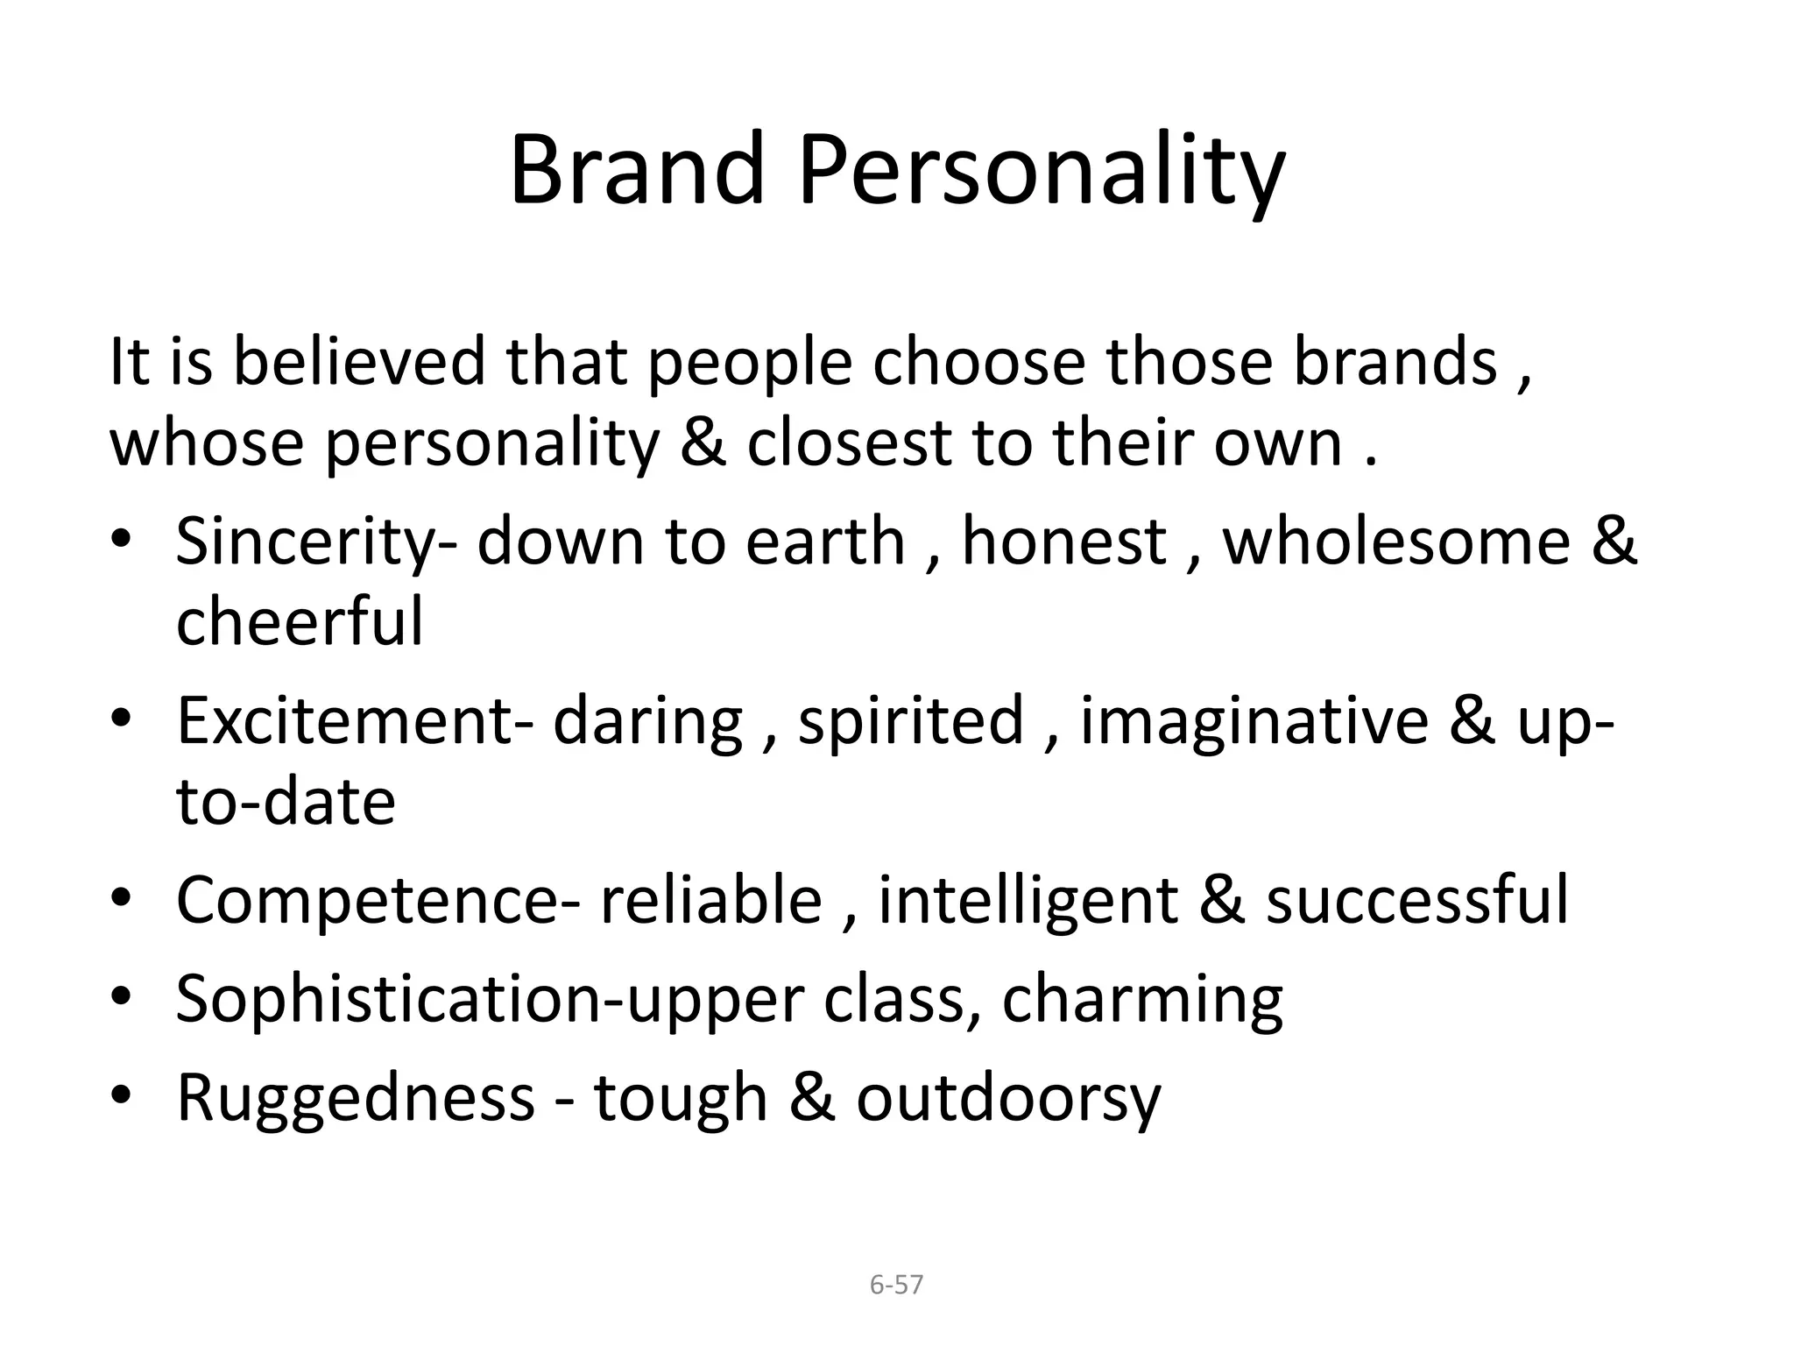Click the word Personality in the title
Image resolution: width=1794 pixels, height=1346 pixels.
[x=1040, y=172]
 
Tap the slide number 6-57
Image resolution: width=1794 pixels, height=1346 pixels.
[x=896, y=1285]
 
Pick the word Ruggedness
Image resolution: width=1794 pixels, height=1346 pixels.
[x=356, y=1097]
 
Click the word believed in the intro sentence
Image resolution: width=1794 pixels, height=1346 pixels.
[x=358, y=362]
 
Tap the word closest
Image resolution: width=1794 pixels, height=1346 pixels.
[x=849, y=443]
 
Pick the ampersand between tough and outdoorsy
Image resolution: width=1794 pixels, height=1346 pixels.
[x=811, y=1097]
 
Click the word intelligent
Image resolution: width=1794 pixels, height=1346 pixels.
[x=1028, y=902]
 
